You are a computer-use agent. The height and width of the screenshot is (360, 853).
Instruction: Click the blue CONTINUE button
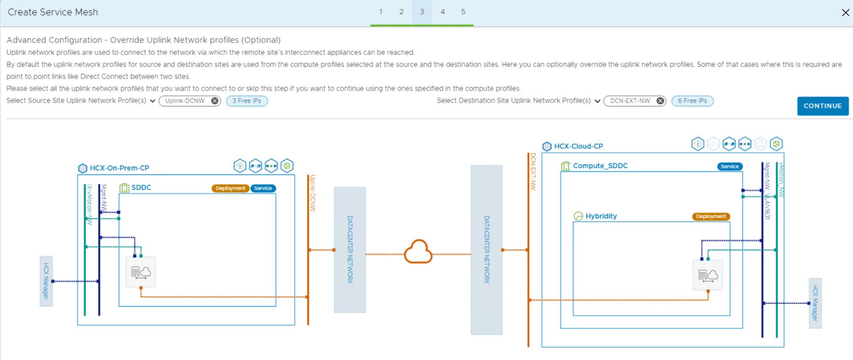(822, 106)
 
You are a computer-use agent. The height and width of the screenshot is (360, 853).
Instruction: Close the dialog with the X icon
(845, 13)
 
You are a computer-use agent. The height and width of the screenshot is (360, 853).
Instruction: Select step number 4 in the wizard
(442, 12)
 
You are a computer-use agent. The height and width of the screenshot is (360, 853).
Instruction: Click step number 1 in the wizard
(380, 12)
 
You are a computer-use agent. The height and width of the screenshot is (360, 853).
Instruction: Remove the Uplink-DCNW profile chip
(215, 101)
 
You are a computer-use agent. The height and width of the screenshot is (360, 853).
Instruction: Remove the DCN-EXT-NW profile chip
(660, 101)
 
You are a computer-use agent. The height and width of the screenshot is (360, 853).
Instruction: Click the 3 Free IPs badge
(247, 101)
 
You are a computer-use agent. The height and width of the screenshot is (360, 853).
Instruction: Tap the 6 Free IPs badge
(692, 101)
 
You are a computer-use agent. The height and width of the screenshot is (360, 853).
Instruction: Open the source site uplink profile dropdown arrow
(152, 101)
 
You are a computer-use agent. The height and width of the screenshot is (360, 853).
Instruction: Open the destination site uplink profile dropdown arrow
(598, 101)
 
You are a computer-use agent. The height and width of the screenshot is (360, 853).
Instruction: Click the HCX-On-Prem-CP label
(119, 168)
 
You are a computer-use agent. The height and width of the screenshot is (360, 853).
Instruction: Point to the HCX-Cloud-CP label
(578, 146)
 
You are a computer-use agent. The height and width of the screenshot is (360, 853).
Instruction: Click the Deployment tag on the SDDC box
(230, 188)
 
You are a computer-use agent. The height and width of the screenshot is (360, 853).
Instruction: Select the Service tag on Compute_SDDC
(729, 166)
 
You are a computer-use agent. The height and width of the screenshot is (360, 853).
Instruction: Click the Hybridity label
(601, 216)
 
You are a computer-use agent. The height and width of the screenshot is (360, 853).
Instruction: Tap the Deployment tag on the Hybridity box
(711, 217)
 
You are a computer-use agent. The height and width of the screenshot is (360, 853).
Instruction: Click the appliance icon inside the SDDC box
(141, 272)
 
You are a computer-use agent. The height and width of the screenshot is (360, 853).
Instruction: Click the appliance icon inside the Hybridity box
(708, 275)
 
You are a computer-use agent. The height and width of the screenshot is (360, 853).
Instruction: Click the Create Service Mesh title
(53, 12)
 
